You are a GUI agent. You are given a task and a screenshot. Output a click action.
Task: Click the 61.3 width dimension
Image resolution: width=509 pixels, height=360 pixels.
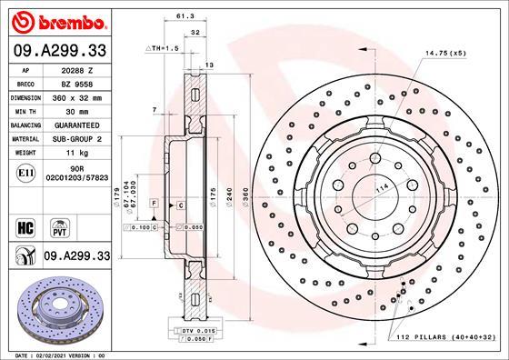(184, 16)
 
